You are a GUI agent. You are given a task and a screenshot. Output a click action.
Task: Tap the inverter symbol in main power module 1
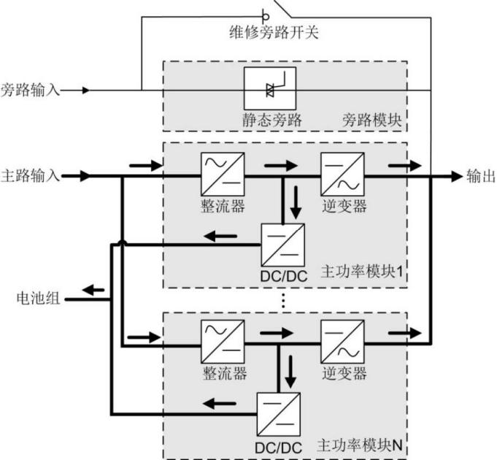[342, 176]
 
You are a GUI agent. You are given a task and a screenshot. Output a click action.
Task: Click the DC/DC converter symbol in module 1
[282, 245]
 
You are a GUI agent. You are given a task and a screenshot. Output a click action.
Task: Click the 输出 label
[480, 176]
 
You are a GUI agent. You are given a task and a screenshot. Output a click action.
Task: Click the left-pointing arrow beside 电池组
[93, 291]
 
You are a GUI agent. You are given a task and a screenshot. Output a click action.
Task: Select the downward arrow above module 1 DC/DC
[296, 202]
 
